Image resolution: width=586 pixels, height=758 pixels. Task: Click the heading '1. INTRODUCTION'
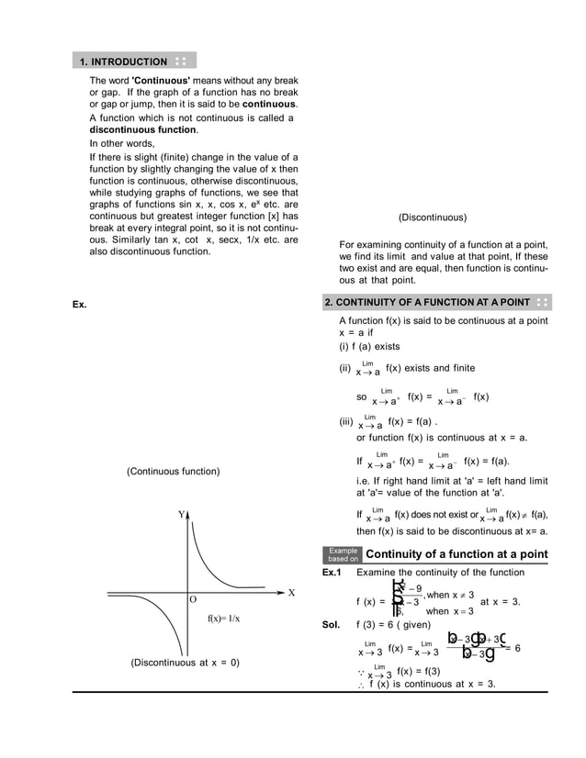pyautogui.click(x=123, y=61)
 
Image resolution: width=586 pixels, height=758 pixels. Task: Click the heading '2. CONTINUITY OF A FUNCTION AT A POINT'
pyautogui.click(x=427, y=302)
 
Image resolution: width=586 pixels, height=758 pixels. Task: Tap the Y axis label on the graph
pyautogui.click(x=182, y=515)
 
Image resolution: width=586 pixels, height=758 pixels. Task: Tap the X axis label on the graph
pyautogui.click(x=291, y=592)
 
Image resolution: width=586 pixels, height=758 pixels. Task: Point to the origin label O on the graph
pyautogui.click(x=193, y=599)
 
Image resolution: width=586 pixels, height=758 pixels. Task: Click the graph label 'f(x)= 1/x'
pyautogui.click(x=223, y=618)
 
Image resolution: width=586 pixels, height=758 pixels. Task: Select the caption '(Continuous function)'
pyautogui.click(x=173, y=472)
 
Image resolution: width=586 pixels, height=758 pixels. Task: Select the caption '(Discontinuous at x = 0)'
pyautogui.click(x=185, y=662)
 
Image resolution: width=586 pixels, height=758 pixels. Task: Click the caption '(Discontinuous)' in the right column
pyautogui.click(x=432, y=217)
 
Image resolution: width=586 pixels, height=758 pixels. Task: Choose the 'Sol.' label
pyautogui.click(x=332, y=624)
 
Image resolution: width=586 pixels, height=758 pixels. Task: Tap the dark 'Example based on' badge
pyautogui.click(x=343, y=554)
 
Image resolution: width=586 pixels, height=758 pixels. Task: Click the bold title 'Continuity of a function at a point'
pyautogui.click(x=456, y=554)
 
